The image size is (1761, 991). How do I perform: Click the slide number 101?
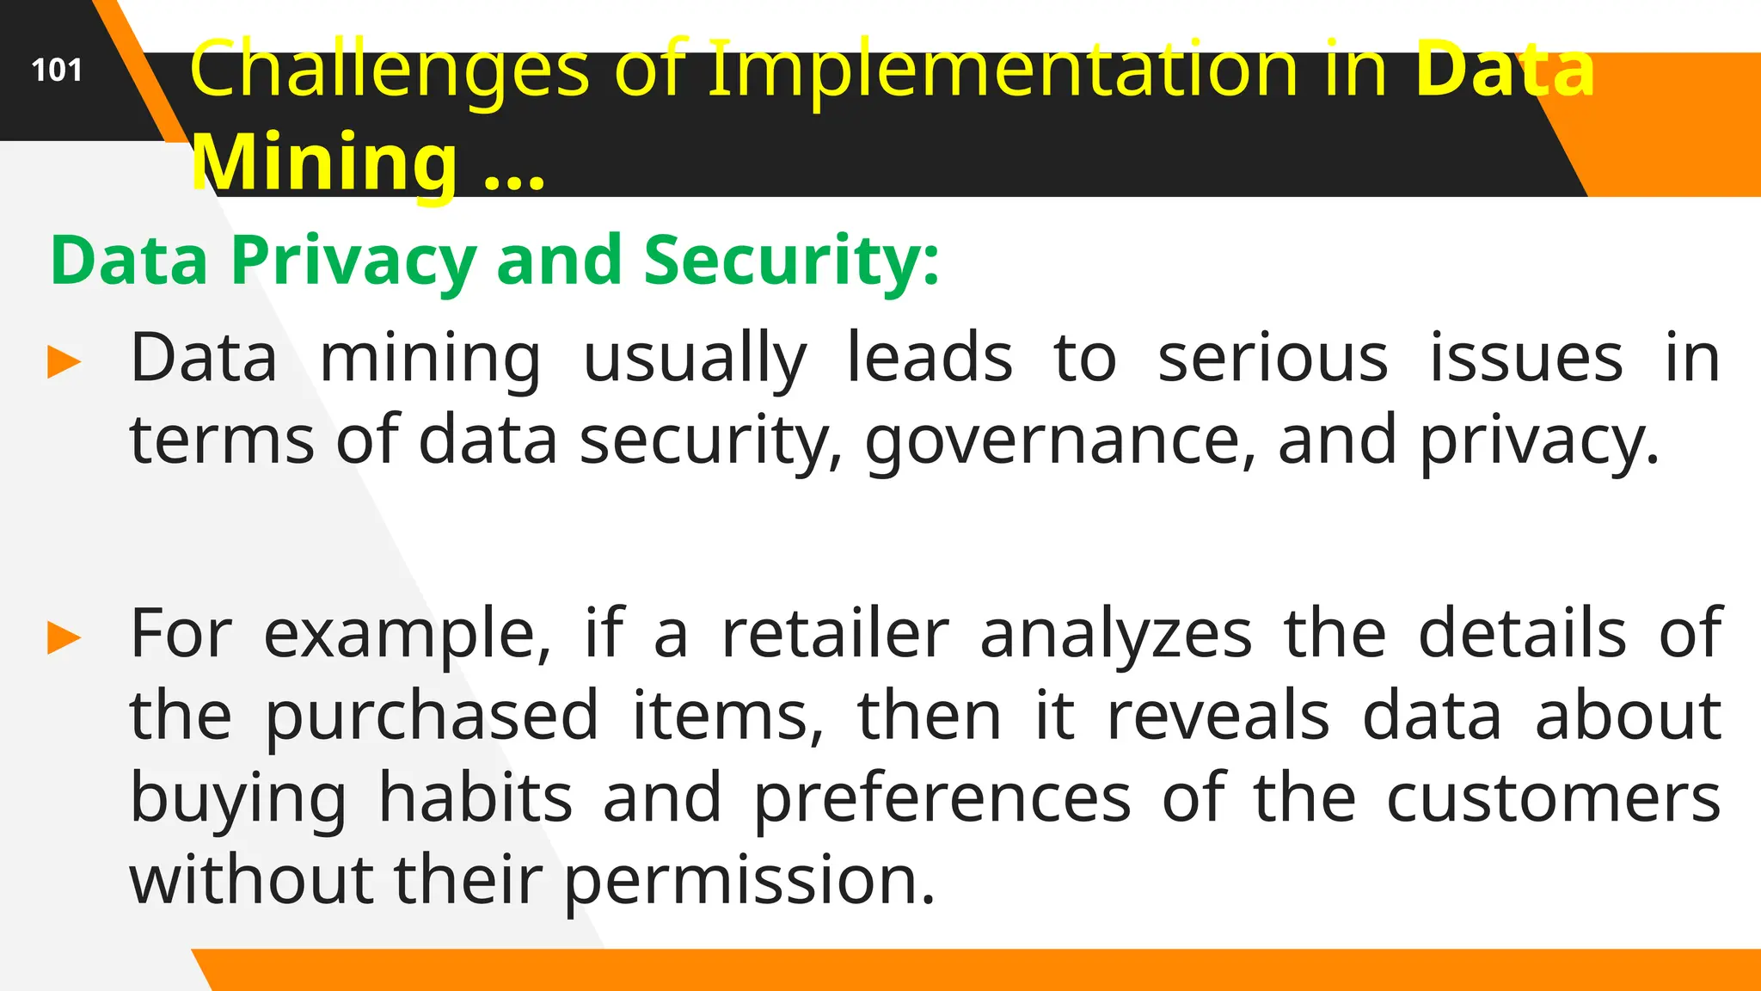tap(57, 70)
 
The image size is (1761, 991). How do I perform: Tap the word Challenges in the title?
tap(390, 71)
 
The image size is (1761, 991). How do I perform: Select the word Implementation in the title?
tap(1003, 71)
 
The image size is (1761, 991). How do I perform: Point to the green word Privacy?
tap(353, 260)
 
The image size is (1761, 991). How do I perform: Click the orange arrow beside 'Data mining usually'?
tap(64, 362)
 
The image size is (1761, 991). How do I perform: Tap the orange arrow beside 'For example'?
tap(64, 638)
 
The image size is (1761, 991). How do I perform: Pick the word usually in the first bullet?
tap(695, 360)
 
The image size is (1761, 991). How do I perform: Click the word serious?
tap(1273, 358)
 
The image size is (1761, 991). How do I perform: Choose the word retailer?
tap(835, 634)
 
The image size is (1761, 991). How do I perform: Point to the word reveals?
tap(1218, 716)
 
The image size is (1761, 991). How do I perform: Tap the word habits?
tap(476, 798)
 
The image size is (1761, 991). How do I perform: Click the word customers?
tap(1554, 799)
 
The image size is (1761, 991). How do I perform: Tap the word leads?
tap(930, 358)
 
